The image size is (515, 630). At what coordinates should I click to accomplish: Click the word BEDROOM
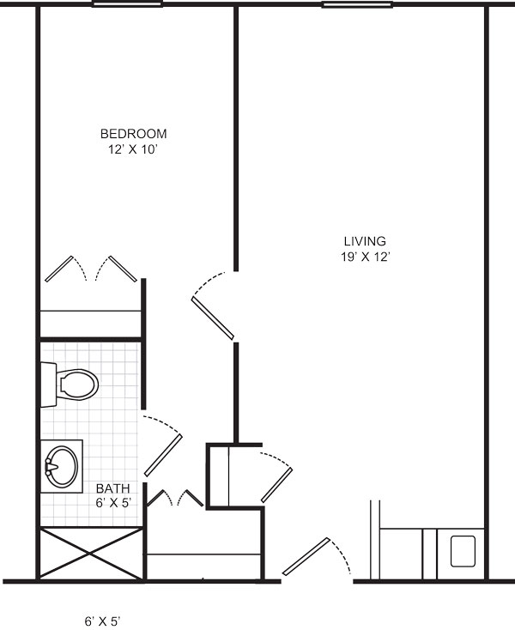133,133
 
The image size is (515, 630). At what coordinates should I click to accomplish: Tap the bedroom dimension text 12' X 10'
132,149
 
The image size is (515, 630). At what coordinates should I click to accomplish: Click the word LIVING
365,241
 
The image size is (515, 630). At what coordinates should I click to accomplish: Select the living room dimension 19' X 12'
366,257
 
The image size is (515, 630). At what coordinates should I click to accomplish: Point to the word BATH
113,488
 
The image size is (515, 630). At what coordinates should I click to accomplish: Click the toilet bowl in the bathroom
77,385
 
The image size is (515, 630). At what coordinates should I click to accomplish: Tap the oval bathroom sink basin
62,466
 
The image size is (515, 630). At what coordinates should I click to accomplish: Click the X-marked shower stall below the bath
91,554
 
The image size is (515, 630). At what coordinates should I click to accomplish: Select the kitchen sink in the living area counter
463,551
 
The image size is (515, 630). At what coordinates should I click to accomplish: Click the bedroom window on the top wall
127,4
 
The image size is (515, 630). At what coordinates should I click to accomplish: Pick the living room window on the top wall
357,5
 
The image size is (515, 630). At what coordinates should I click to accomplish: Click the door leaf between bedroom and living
213,318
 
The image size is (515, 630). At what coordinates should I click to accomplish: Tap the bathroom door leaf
163,456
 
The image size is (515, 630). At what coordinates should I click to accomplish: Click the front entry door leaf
306,556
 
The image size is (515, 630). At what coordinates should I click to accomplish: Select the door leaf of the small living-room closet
276,485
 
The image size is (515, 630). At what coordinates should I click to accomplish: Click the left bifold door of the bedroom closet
59,269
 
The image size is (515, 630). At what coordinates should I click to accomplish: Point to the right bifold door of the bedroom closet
124,269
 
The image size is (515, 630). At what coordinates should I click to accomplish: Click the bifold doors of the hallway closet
175,498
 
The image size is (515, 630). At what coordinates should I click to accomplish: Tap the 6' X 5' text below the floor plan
102,621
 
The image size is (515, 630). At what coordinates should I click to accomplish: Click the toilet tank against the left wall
49,385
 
